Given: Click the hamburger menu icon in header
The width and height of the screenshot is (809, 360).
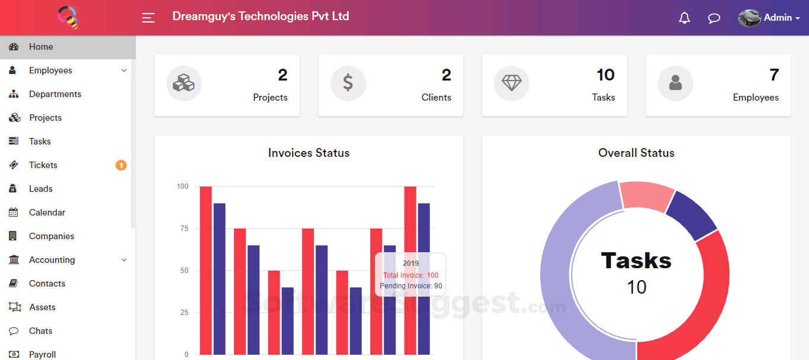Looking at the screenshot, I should (148, 18).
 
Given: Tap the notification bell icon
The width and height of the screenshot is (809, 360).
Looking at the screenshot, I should (685, 18).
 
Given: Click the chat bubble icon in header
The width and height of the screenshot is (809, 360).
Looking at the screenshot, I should (714, 18).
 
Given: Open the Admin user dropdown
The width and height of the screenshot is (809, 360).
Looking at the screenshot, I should (769, 18).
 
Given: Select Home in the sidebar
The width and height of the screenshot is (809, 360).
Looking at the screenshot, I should (41, 47).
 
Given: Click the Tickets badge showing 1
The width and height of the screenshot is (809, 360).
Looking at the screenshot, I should (121, 165).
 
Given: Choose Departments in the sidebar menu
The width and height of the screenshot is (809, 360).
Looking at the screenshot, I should (55, 94).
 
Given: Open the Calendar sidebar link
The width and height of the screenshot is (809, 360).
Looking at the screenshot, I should (47, 213).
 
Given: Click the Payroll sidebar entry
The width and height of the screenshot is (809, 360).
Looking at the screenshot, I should (43, 354).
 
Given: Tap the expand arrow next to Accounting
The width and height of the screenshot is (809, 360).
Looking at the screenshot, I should (124, 260).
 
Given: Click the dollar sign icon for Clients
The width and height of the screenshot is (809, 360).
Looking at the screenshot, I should (348, 83).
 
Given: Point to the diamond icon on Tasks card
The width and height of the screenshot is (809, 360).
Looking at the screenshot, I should (512, 83).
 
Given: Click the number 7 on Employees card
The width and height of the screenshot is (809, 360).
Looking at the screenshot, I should (773, 75).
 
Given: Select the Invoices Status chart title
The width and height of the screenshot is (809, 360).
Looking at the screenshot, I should (309, 153).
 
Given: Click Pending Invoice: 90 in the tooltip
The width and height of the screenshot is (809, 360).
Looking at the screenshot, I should (410, 286).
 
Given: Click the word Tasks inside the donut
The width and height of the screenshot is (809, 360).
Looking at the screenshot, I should (636, 261).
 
